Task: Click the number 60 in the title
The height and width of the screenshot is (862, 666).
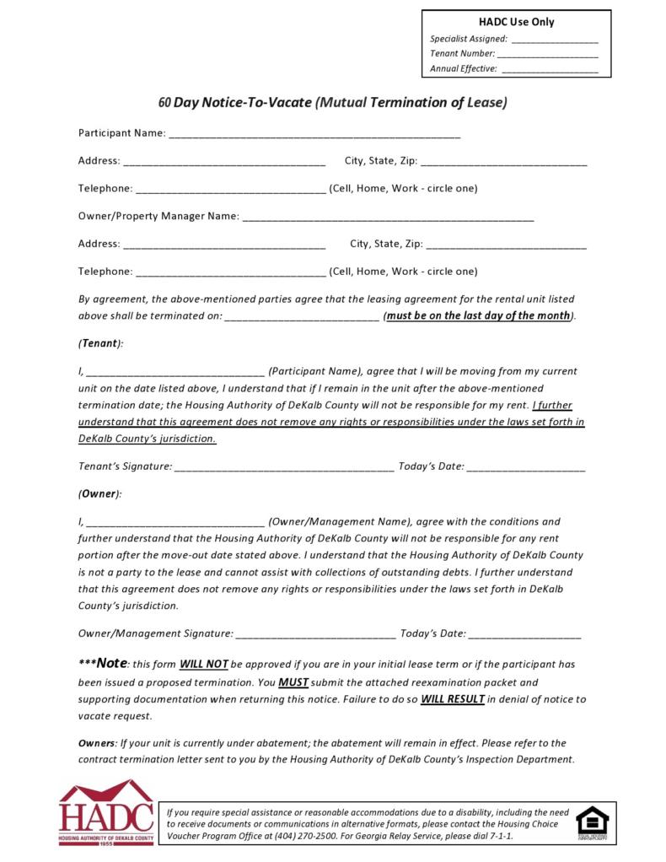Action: pyautogui.click(x=165, y=103)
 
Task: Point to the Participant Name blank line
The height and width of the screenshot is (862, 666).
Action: pyautogui.click(x=314, y=135)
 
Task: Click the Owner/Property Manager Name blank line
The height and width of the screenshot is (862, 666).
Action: pyautogui.click(x=388, y=218)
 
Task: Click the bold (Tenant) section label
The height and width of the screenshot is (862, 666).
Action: pyautogui.click(x=100, y=343)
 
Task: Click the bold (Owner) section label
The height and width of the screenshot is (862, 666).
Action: pyautogui.click(x=99, y=493)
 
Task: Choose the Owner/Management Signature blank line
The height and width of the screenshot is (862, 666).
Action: pyautogui.click(x=316, y=634)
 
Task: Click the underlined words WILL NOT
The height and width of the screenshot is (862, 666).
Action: pyautogui.click(x=203, y=664)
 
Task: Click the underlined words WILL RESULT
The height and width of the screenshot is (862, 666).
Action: pyautogui.click(x=453, y=699)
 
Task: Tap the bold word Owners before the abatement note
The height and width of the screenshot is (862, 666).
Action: pyautogui.click(x=97, y=743)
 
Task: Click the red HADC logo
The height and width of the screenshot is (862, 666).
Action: pyautogui.click(x=105, y=814)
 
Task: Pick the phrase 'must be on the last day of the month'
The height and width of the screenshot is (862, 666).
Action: pyautogui.click(x=478, y=316)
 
